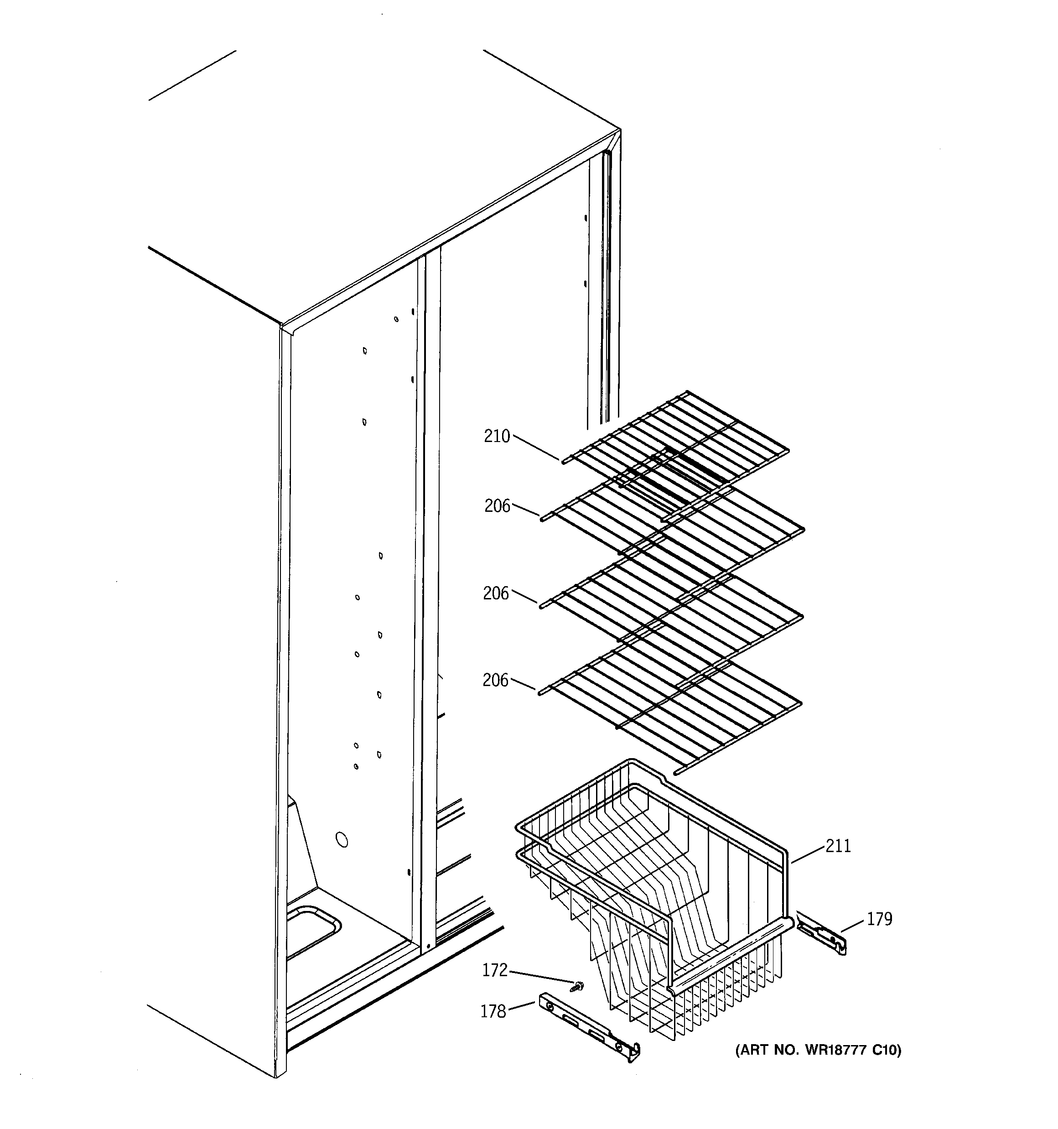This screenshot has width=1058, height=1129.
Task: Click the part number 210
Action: coord(497,437)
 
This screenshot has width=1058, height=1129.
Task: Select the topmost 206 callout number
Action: coord(498,506)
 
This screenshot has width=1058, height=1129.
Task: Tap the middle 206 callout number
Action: coord(496,593)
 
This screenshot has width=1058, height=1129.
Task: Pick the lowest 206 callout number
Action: coord(495,680)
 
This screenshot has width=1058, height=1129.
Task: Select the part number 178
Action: coord(493,1011)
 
